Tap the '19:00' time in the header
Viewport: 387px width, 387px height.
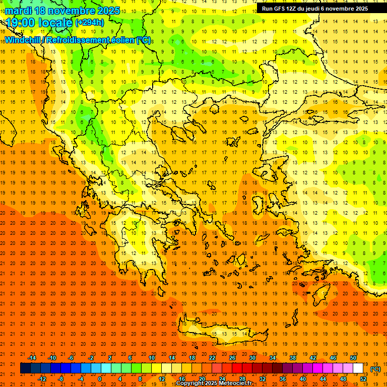coord(21,23)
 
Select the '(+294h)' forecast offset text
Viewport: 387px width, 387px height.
coord(90,23)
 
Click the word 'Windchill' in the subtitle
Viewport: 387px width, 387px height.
coord(23,40)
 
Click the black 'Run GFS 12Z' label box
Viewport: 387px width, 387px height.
coord(314,9)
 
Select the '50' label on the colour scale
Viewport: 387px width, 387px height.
coord(353,358)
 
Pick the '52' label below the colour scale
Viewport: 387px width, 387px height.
coord(363,378)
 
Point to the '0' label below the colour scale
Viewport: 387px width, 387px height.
coord(100,378)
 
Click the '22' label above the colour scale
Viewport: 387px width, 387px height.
coord(212,358)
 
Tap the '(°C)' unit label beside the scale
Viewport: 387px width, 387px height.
coord(375,369)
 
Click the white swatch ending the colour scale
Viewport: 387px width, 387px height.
coord(358,368)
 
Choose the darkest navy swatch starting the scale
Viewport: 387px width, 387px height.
coord(25,368)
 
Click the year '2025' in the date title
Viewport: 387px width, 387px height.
coord(108,11)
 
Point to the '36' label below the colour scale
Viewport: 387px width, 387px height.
coord(283,378)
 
